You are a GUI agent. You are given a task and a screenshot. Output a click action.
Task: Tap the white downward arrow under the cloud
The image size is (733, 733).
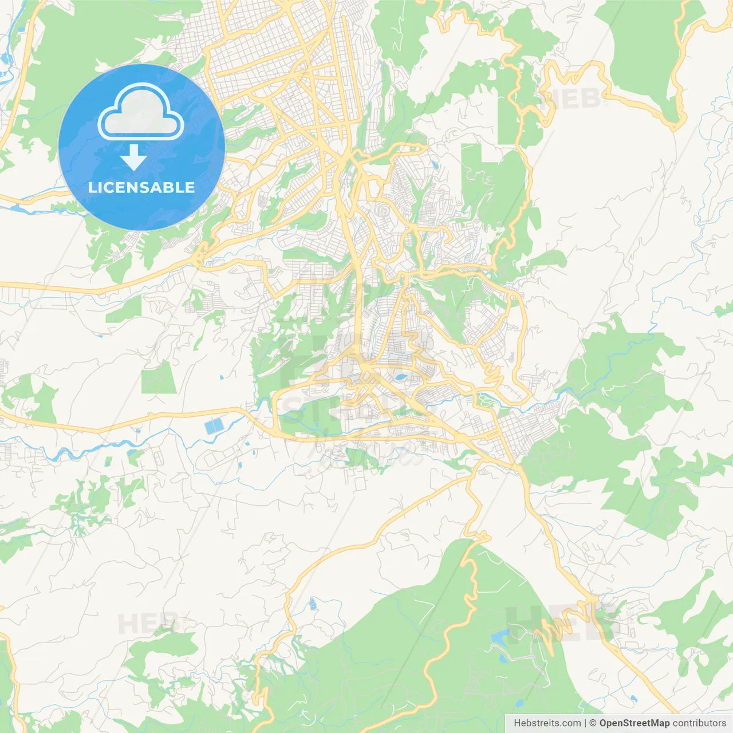[133, 157]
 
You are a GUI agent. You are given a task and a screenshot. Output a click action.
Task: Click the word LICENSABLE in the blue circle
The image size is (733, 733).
[141, 187]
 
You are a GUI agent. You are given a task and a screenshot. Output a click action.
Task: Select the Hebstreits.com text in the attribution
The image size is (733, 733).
[547, 723]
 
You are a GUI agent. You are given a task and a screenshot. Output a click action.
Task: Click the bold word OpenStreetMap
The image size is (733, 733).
[634, 723]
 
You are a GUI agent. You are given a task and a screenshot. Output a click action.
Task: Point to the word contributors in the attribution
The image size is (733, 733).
[699, 723]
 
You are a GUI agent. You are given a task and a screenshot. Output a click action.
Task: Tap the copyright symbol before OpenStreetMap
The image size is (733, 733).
[593, 723]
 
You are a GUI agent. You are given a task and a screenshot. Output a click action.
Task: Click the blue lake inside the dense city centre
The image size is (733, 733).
[400, 378]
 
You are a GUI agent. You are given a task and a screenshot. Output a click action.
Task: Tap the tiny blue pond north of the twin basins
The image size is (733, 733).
[222, 378]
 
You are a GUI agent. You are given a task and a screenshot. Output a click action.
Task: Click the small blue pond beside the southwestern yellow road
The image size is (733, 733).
[313, 604]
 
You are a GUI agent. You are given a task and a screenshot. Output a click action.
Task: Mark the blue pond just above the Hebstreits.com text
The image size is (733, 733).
[633, 699]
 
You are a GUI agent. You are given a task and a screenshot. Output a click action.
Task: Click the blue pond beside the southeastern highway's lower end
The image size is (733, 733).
[633, 699]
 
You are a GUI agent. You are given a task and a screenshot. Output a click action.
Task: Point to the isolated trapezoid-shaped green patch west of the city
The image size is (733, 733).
[159, 378]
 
